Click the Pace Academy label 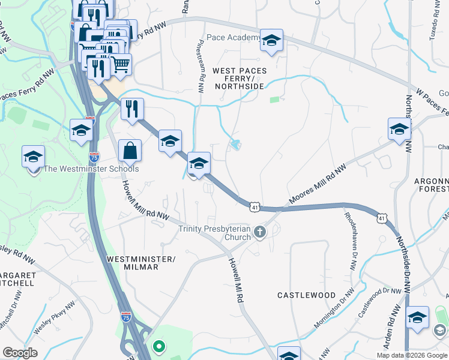click(233, 38)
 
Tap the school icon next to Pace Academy click(271, 41)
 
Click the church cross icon click(259, 232)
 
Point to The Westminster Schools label click(92, 169)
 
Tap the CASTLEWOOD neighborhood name click(306, 295)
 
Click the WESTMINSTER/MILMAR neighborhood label click(140, 262)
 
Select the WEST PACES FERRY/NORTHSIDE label click(238, 79)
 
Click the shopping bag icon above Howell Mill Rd click(130, 151)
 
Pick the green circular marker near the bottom click(158, 346)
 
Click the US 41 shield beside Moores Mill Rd click(255, 206)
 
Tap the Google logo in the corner click(20, 353)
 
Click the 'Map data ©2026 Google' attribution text click(411, 355)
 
